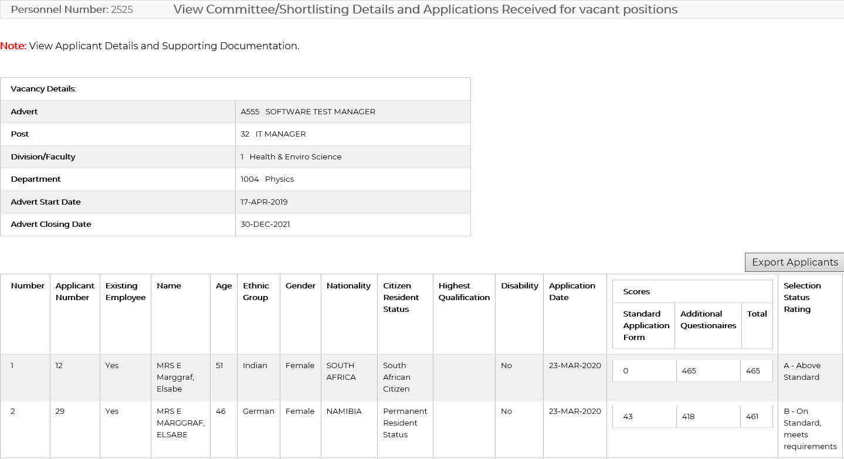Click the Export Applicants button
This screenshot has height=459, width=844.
click(x=795, y=262)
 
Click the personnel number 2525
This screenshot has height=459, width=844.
click(x=121, y=10)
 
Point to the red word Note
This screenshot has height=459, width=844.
click(x=13, y=46)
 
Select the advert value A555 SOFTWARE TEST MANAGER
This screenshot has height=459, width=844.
click(x=308, y=111)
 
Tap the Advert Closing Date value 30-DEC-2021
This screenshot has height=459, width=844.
click(x=265, y=224)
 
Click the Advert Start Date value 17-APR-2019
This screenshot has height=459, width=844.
click(x=264, y=202)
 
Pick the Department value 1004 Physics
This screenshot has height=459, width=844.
click(x=267, y=179)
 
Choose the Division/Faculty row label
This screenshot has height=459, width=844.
click(x=43, y=157)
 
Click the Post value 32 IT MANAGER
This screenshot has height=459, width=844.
click(x=273, y=134)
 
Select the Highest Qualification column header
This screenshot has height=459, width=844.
click(x=464, y=291)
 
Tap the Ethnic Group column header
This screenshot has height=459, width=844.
click(x=256, y=291)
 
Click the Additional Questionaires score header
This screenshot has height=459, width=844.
click(x=708, y=319)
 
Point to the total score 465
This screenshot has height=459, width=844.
click(x=753, y=370)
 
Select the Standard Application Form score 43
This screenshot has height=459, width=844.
click(x=628, y=416)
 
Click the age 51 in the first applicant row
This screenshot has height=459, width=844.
click(x=219, y=365)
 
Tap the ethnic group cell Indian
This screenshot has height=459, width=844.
click(x=255, y=365)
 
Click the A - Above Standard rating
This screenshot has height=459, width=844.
click(x=802, y=371)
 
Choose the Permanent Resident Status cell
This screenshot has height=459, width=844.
click(x=405, y=423)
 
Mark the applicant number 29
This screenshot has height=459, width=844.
click(x=60, y=411)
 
